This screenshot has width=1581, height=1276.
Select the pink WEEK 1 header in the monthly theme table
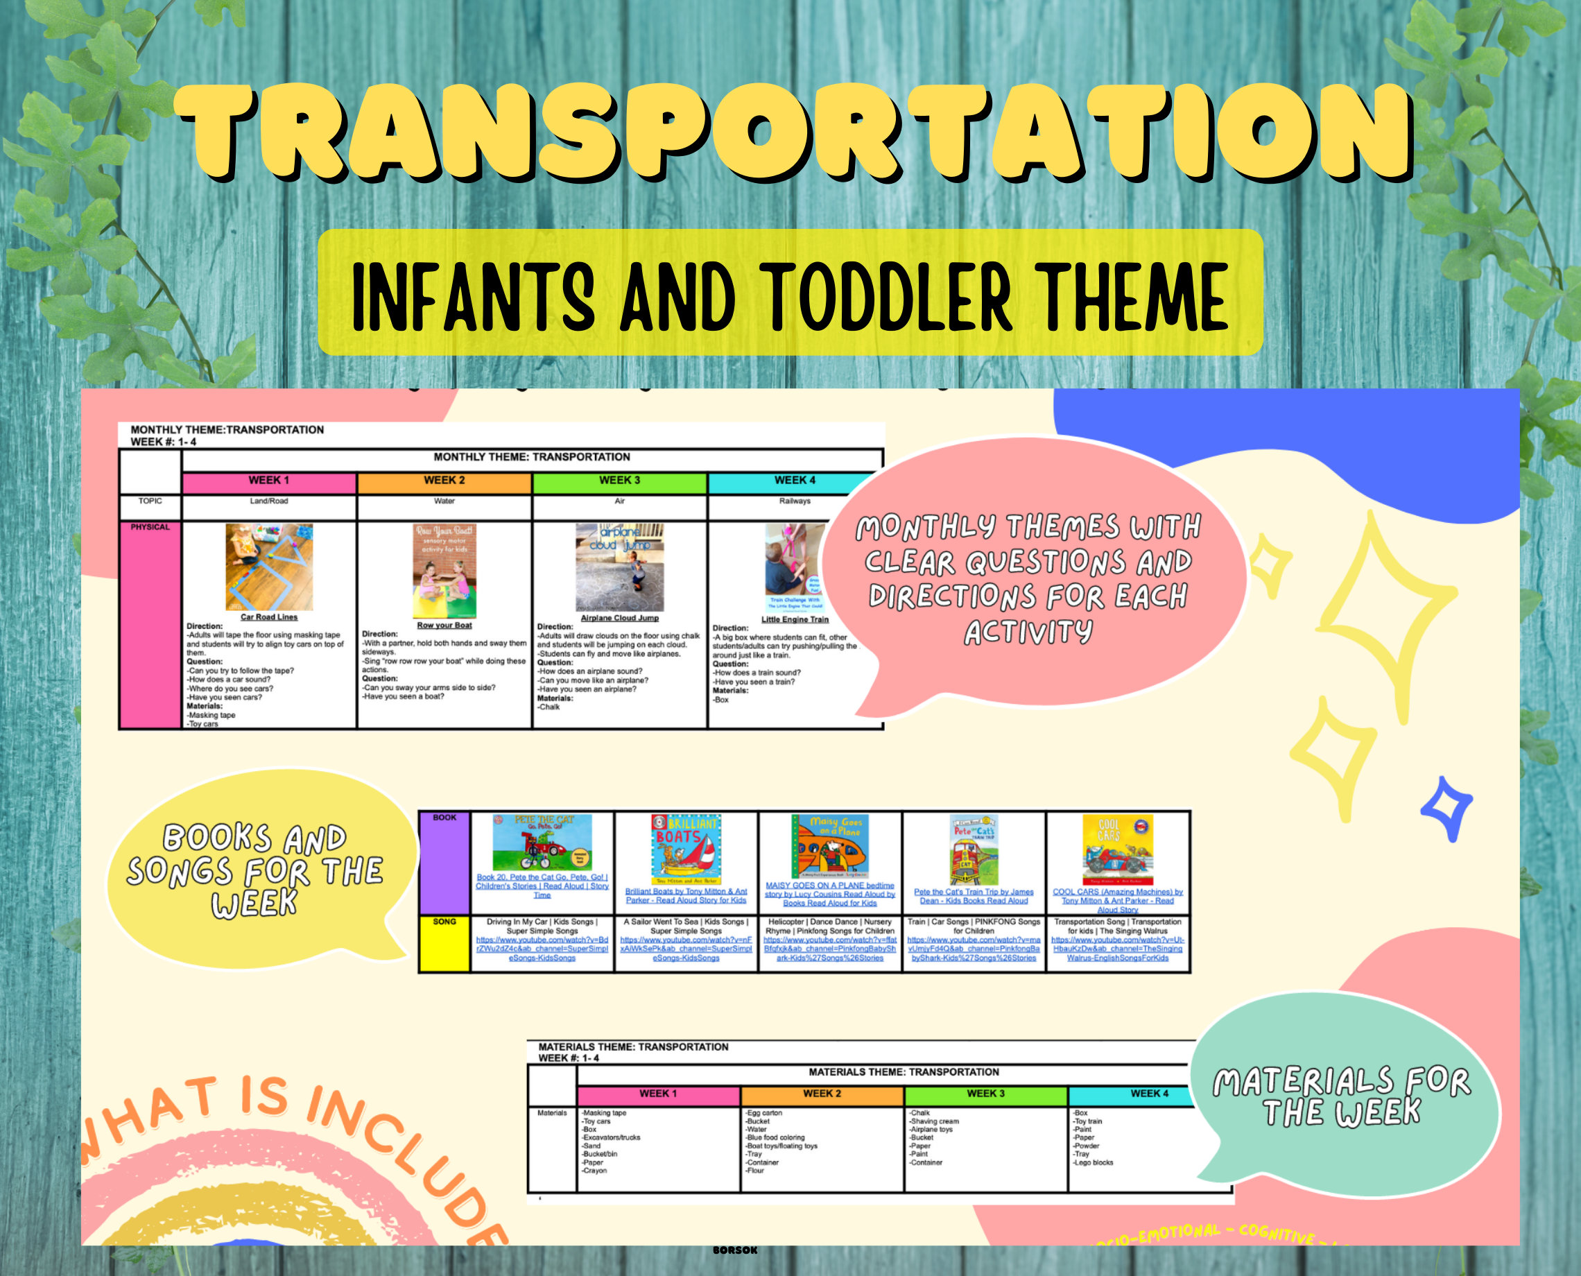(269, 481)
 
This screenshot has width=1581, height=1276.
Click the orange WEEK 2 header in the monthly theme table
(444, 481)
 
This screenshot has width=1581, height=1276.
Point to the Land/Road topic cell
(269, 501)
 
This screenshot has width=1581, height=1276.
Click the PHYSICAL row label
(150, 528)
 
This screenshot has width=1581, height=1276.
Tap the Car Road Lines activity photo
(269, 567)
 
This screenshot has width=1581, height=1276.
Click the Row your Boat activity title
(444, 626)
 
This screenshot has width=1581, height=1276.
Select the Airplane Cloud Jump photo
(620, 567)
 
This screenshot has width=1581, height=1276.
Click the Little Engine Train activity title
(795, 620)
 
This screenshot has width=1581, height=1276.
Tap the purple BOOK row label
(444, 818)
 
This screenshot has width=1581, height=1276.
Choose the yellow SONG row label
(444, 922)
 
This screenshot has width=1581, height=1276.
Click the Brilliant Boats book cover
(686, 849)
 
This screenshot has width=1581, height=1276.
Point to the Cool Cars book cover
(1117, 850)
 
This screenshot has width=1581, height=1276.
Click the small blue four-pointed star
(1446, 807)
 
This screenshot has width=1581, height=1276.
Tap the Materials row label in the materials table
(552, 1114)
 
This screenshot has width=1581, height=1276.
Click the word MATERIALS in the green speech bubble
(1302, 1082)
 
